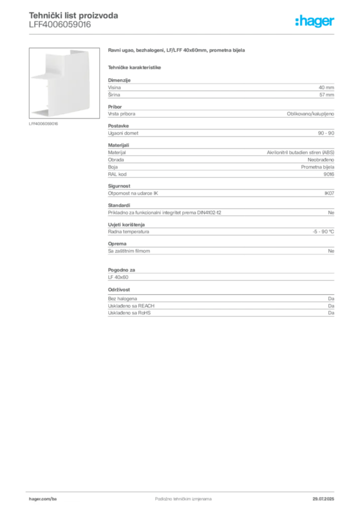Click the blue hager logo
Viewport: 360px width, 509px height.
[315, 21]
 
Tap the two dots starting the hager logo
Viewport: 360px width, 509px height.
[296, 18]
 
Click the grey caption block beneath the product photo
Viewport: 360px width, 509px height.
[44, 123]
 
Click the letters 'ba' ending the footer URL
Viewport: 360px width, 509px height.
[55, 497]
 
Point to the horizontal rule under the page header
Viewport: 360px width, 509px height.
[182, 34]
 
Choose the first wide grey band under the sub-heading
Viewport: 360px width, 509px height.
[220, 89]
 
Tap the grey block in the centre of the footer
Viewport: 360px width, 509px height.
[177, 496]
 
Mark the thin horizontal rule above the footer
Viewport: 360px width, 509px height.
[182, 489]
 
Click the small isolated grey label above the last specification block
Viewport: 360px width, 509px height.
[119, 289]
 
